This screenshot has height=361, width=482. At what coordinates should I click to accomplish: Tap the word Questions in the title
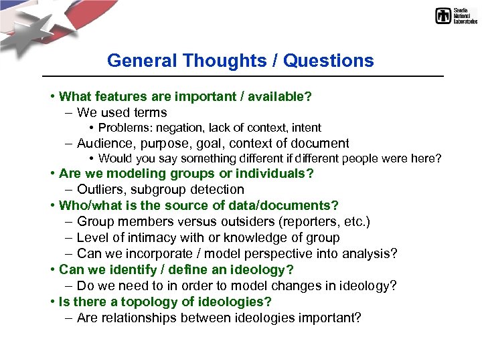pos(328,61)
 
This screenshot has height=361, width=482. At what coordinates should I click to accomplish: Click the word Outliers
pos(99,190)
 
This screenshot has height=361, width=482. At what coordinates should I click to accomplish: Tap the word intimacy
pos(145,238)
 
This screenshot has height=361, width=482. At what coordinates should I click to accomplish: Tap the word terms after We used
pos(151,112)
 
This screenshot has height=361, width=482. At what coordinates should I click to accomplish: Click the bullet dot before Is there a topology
pos(52,302)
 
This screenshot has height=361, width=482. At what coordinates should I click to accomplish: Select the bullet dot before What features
pos(52,96)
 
